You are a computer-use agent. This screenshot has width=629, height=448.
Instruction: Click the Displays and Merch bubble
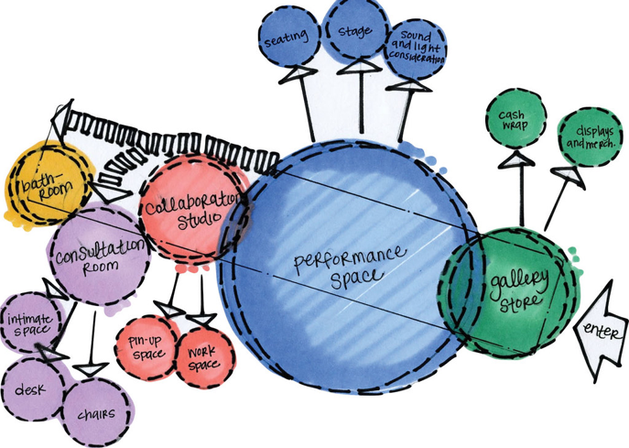pos(586,136)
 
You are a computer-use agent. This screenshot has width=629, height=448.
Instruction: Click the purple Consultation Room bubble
pos(99,254)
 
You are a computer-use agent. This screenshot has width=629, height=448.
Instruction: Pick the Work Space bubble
pos(203,354)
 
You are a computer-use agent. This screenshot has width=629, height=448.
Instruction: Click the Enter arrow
pos(602,331)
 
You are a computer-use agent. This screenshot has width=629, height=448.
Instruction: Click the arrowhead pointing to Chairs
pos(90,368)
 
